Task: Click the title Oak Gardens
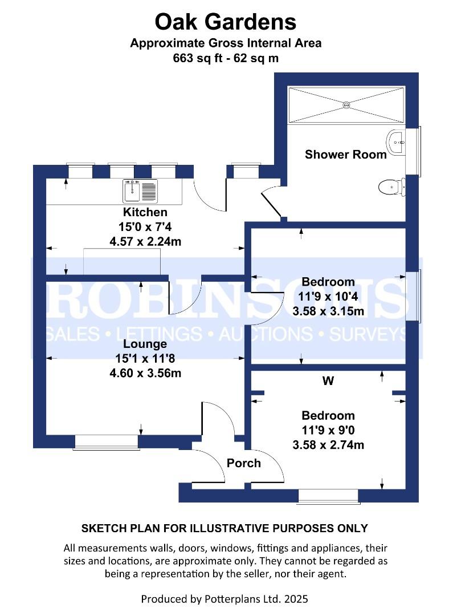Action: coord(226,22)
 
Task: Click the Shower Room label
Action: coord(345,154)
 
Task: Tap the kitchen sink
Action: coord(140,191)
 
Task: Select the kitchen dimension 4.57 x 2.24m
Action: coord(145,242)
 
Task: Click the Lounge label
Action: coord(145,344)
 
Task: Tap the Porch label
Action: coord(244,463)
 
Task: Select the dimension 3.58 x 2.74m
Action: coord(328,445)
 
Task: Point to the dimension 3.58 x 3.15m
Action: coord(328,311)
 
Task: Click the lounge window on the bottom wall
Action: coord(106,441)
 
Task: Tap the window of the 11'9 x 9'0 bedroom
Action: coord(328,496)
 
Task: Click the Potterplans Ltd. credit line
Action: coord(225,599)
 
